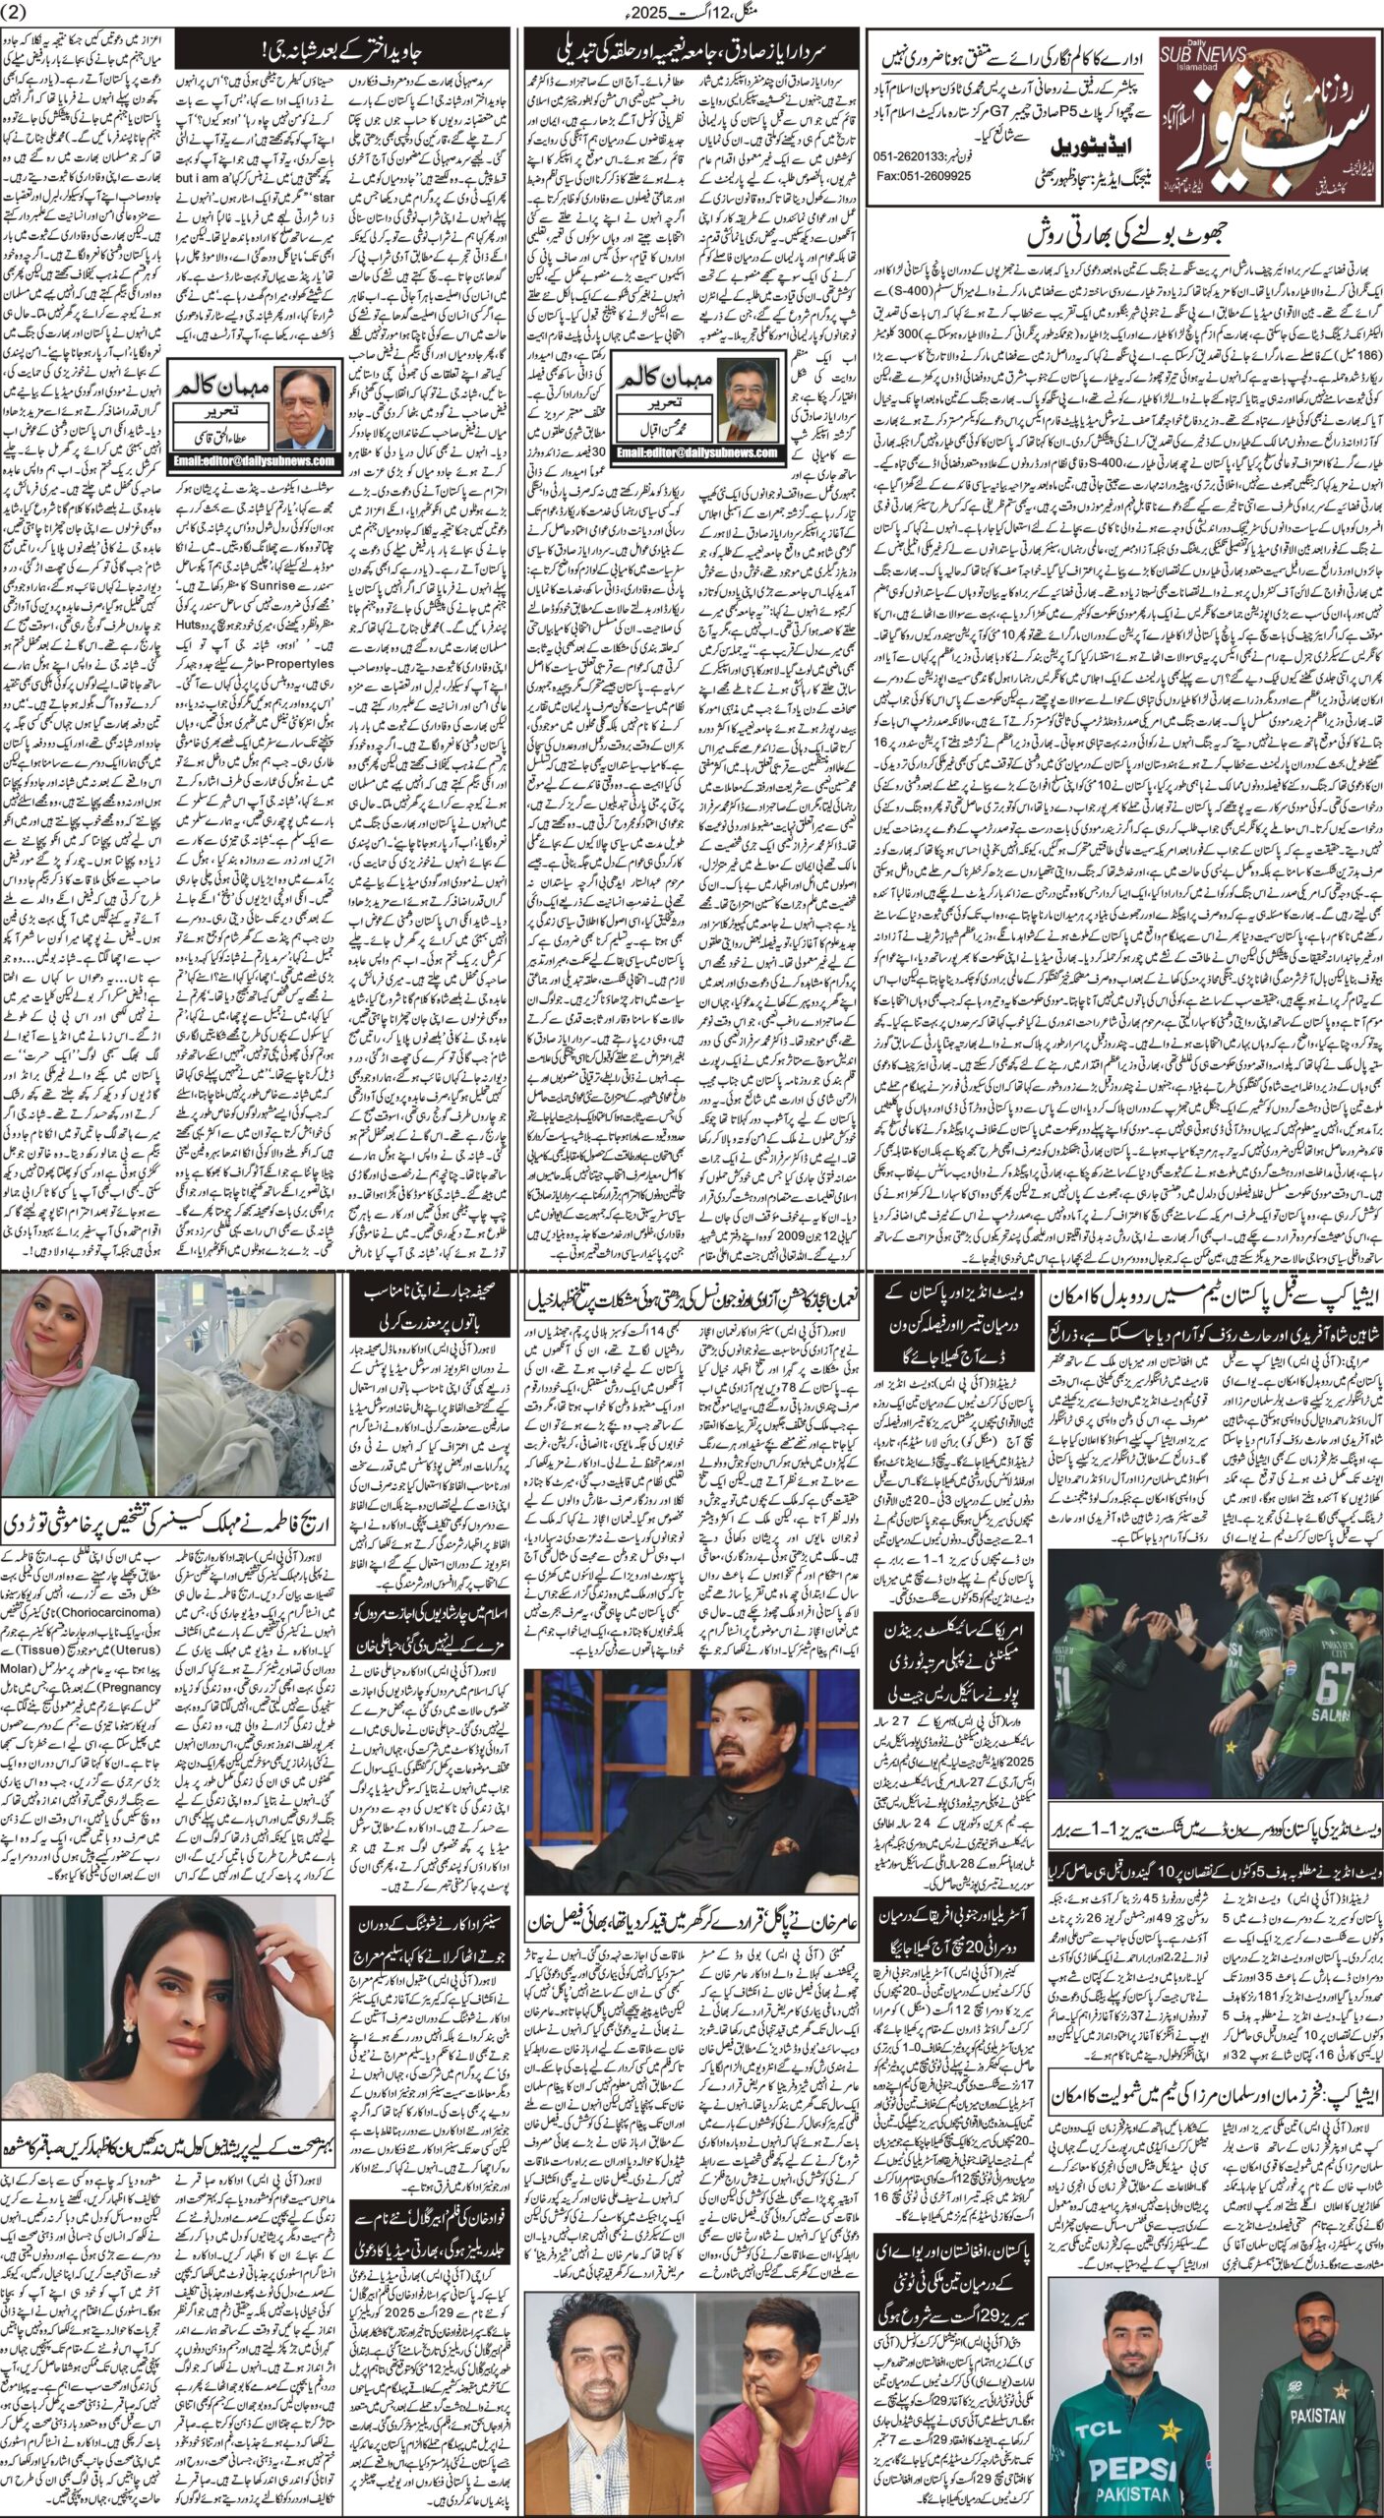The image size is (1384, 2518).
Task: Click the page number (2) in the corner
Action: tap(18, 13)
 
